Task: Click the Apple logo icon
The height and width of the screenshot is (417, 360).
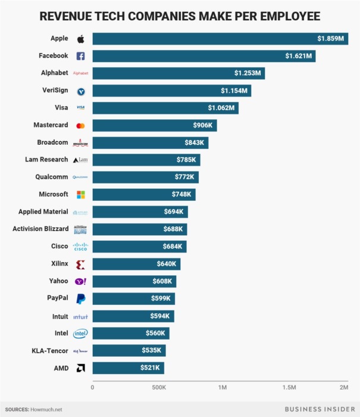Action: point(80,39)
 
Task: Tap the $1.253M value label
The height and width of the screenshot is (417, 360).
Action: point(248,74)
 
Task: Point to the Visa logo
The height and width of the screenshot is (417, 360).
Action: point(80,108)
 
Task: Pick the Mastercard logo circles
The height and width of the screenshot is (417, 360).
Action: point(80,126)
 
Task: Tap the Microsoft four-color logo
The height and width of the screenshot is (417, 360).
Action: point(80,195)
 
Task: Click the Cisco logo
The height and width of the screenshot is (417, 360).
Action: point(80,247)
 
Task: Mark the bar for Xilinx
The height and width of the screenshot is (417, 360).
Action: point(136,264)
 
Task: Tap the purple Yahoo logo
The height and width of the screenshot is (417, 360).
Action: point(80,281)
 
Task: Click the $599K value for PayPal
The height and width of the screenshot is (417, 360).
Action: point(162,298)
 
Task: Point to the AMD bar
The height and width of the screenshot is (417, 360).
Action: point(128,368)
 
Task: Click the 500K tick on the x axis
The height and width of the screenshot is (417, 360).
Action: point(158,388)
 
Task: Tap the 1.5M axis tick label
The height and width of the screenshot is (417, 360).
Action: point(290,388)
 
